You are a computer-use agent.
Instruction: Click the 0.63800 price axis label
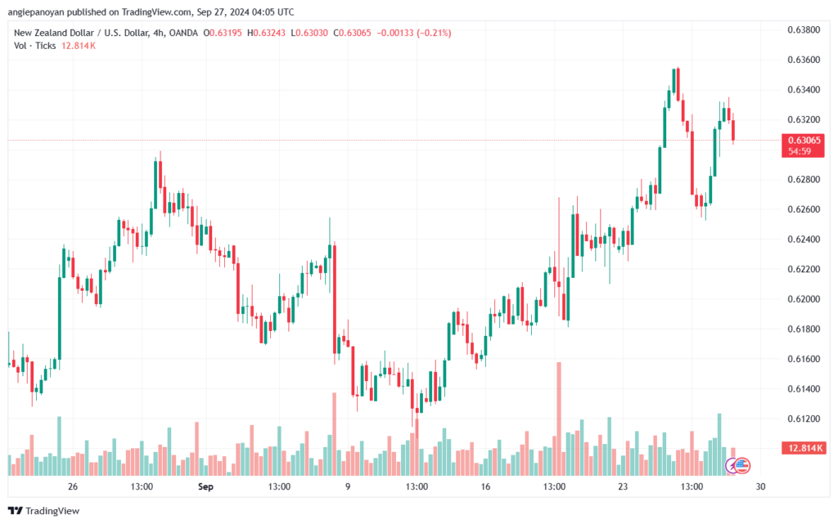804,29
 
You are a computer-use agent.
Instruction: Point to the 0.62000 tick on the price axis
804,299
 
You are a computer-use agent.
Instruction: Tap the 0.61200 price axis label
804,419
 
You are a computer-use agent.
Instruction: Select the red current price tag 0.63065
804,141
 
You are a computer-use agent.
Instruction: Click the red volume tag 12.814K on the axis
804,448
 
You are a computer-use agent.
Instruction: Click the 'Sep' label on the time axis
205,486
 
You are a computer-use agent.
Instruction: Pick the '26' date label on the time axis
73,486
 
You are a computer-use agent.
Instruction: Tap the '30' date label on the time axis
760,486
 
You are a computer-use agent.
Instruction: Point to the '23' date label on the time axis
623,486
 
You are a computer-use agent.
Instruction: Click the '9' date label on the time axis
347,486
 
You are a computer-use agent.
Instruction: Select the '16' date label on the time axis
485,486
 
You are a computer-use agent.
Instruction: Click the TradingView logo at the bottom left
44,511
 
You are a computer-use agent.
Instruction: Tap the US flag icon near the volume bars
741,466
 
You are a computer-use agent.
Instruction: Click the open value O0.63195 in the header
223,33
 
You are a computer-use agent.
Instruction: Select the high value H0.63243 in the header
266,33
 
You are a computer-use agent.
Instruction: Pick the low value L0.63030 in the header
309,33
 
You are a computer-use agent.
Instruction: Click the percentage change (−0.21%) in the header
434,33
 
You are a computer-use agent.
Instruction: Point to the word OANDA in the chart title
183,33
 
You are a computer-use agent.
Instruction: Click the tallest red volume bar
559,419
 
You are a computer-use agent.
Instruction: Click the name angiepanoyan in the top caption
35,11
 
